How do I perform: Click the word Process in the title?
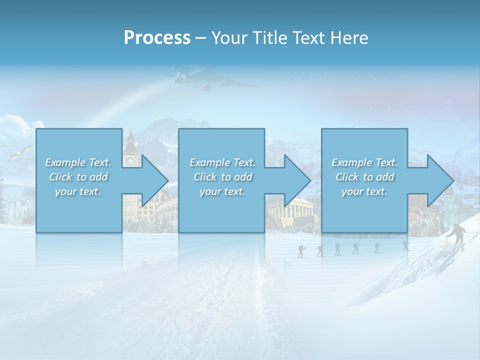coord(157,38)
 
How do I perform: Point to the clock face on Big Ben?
coord(131,161)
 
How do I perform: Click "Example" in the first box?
coord(64,162)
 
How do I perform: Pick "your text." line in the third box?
coord(364,191)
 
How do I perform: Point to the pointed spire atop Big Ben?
coord(130,134)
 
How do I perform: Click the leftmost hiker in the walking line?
coord(300,251)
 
